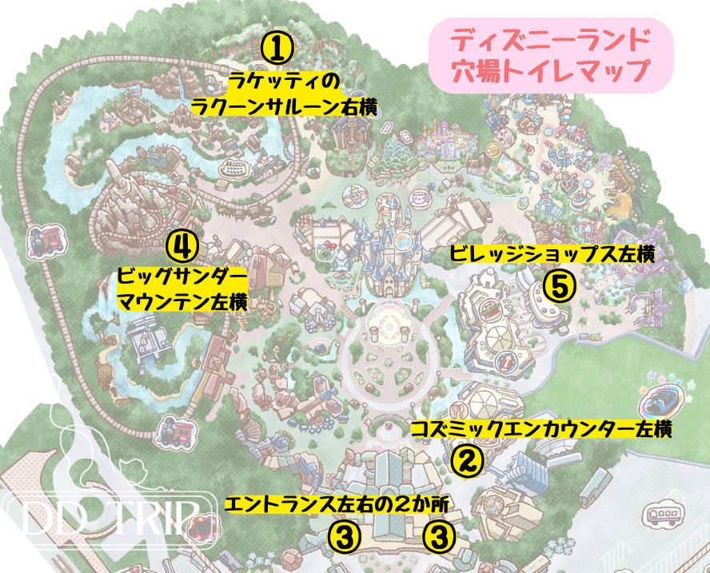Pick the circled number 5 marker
tap(559, 285)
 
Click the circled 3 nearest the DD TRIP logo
tap(343, 536)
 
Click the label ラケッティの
tap(283, 82)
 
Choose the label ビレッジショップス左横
tap(552, 255)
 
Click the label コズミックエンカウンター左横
tap(540, 429)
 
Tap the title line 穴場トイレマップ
tap(548, 69)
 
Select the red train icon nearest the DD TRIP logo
tap(170, 432)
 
